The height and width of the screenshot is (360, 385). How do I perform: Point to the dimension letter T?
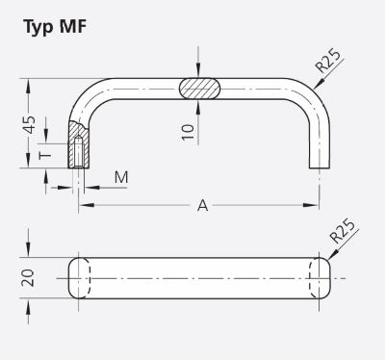[x=44, y=155]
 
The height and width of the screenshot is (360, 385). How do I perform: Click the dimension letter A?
[x=202, y=204]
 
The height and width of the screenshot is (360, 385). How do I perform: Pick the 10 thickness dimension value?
[x=188, y=130]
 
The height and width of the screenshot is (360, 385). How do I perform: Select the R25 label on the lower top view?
[x=343, y=235]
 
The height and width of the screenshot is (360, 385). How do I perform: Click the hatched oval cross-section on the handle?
[x=200, y=88]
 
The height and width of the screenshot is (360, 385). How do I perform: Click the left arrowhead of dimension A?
[x=84, y=204]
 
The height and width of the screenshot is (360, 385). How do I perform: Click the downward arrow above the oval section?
[x=198, y=67]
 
